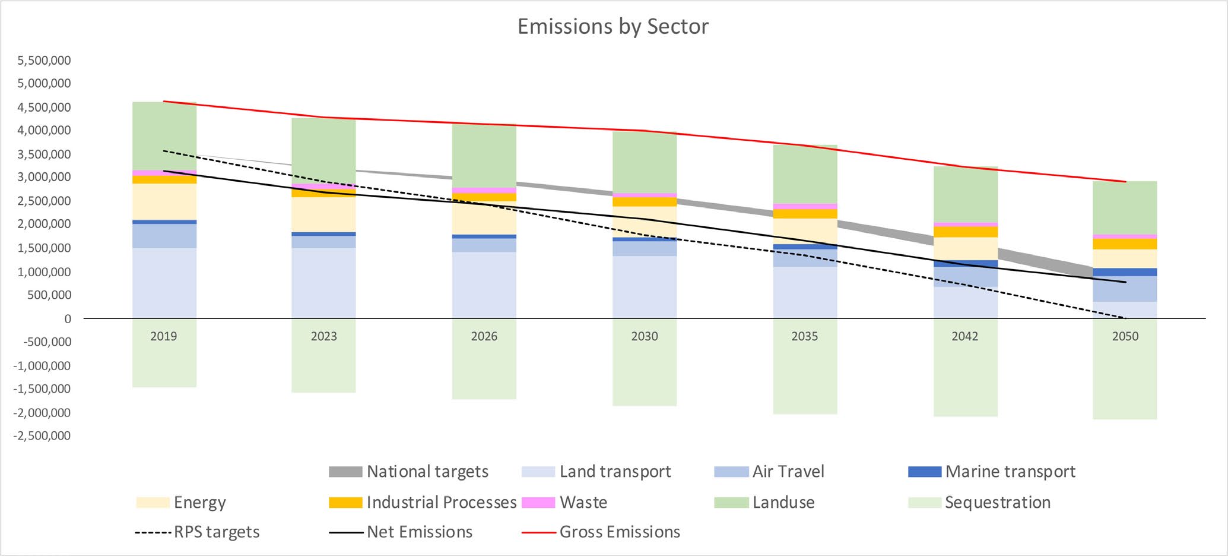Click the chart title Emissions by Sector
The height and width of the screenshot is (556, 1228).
click(613, 27)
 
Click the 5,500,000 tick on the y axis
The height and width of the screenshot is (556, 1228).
click(44, 60)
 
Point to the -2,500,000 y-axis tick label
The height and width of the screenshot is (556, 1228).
click(42, 435)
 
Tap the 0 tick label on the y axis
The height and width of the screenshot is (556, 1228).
click(68, 319)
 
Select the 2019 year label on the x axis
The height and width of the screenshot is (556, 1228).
click(164, 336)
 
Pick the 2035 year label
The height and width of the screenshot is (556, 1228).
click(805, 336)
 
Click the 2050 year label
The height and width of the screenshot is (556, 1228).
click(1125, 336)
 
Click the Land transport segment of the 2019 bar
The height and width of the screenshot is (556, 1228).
click(164, 283)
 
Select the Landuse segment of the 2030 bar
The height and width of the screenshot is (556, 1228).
click(645, 162)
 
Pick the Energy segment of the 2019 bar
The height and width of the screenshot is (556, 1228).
click(164, 201)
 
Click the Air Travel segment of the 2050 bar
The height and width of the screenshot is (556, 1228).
click(1125, 289)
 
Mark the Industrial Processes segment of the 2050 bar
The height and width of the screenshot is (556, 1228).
click(1125, 244)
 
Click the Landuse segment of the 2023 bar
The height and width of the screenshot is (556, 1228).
click(323, 151)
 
